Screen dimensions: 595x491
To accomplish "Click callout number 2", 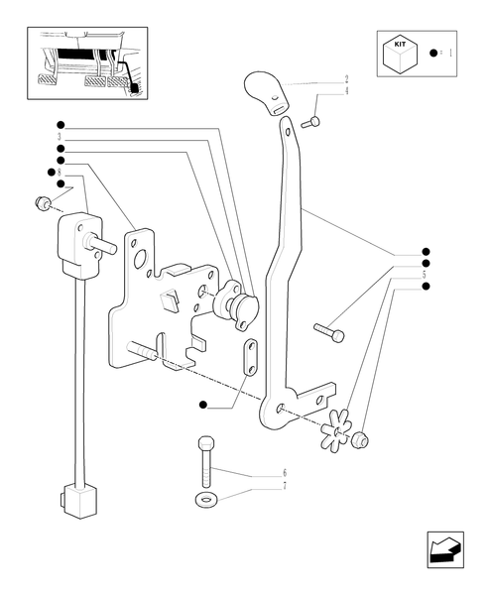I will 346,78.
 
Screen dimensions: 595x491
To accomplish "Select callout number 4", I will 346,90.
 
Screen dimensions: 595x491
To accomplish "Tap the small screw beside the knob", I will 311,122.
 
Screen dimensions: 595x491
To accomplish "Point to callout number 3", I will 61,136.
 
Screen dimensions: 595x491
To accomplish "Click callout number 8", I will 61,173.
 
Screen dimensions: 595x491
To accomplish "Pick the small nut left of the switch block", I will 43,204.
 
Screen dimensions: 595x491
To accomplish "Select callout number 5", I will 425,274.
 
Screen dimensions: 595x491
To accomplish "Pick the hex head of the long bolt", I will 205,443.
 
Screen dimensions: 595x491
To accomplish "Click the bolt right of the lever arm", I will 328,331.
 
